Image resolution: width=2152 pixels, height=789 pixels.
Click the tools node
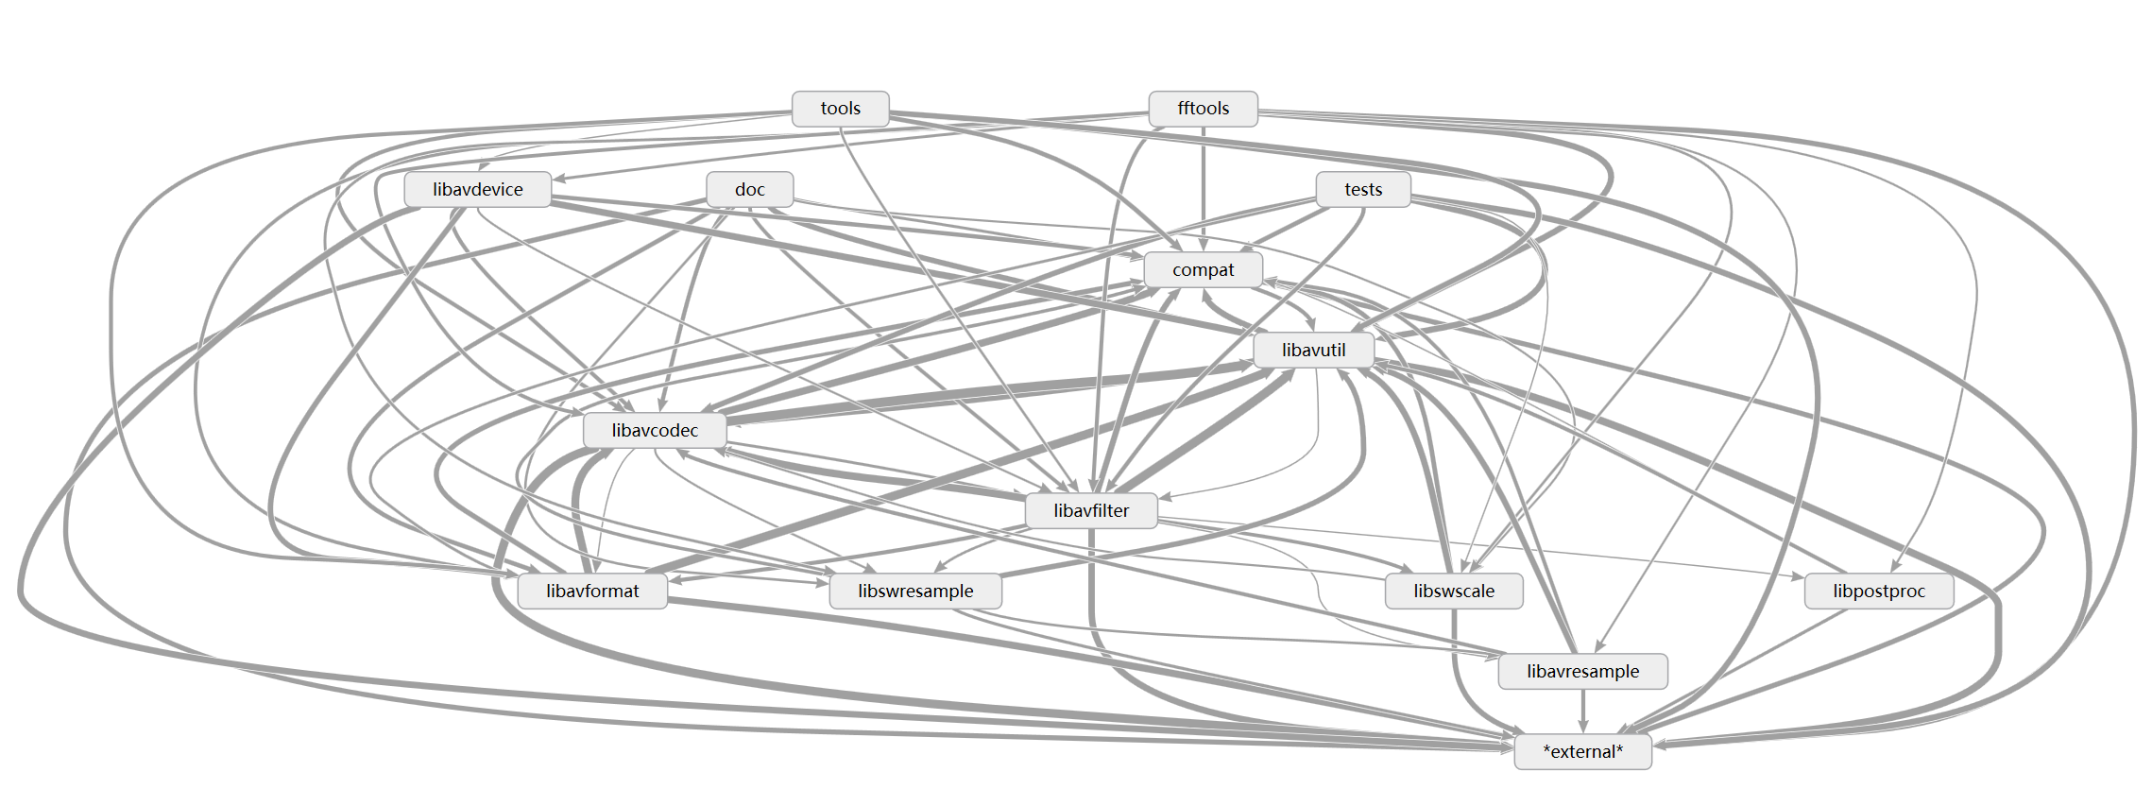tap(840, 109)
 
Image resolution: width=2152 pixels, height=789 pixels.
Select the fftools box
tap(1203, 109)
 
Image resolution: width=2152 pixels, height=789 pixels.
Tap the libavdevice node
tap(477, 189)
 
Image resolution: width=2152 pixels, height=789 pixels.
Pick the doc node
tap(749, 189)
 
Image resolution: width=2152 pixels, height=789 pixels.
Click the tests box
tap(1362, 189)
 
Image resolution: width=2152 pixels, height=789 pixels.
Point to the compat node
tap(1203, 269)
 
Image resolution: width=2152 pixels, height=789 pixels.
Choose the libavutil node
tap(1313, 350)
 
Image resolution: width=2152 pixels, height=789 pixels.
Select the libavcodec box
tap(655, 430)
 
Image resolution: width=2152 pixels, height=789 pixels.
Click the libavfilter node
tap(1091, 510)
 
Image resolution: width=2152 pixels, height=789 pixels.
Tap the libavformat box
tap(592, 591)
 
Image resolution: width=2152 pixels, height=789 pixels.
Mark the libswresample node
tap(914, 591)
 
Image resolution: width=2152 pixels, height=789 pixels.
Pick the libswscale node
tap(1454, 591)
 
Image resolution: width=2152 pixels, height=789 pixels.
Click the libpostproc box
tap(1878, 591)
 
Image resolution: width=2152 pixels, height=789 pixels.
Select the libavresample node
tap(1582, 671)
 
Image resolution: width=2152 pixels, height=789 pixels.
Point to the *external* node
tap(1582, 751)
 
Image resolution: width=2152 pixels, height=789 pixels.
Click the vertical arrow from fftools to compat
tap(1203, 189)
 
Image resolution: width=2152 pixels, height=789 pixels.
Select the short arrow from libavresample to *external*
tap(1582, 711)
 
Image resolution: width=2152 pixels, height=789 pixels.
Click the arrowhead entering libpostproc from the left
tap(1798, 575)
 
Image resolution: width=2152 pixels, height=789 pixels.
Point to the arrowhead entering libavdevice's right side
tap(559, 178)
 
